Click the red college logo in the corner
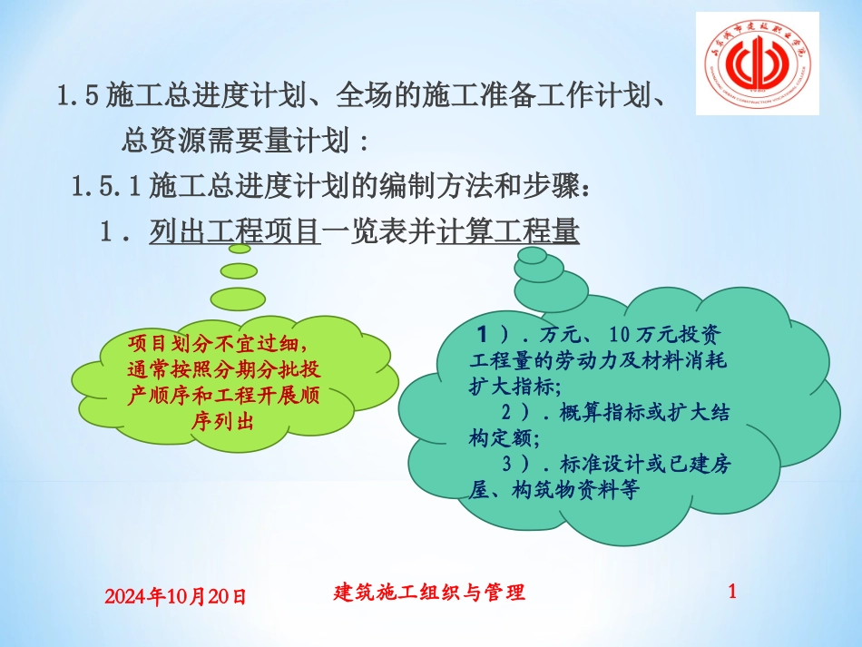coord(757,64)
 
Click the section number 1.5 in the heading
coord(77,93)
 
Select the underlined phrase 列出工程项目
coord(235,232)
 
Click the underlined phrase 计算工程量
coord(507,232)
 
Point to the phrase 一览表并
coord(378,232)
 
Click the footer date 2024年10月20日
coord(175,596)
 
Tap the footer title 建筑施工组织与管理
coord(429,593)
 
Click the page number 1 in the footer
coord(732,592)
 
